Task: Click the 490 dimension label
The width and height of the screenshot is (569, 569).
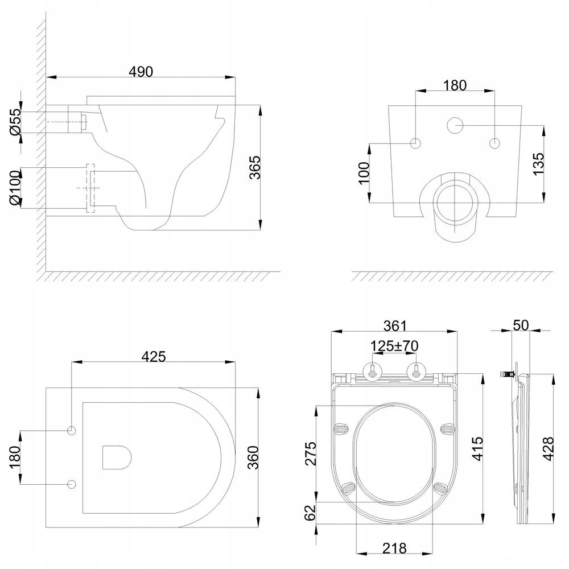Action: (x=141, y=72)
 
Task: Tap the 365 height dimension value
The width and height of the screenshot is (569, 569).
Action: (x=255, y=167)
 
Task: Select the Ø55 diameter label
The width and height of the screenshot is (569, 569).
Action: (x=16, y=122)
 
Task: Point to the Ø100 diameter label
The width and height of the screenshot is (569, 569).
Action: (x=15, y=187)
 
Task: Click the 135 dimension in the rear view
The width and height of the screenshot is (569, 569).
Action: (x=539, y=164)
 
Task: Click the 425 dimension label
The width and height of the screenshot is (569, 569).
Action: (x=154, y=356)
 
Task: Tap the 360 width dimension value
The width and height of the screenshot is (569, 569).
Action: (x=253, y=457)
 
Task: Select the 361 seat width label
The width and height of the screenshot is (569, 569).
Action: (x=395, y=325)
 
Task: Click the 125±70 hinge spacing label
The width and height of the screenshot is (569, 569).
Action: (x=394, y=346)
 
